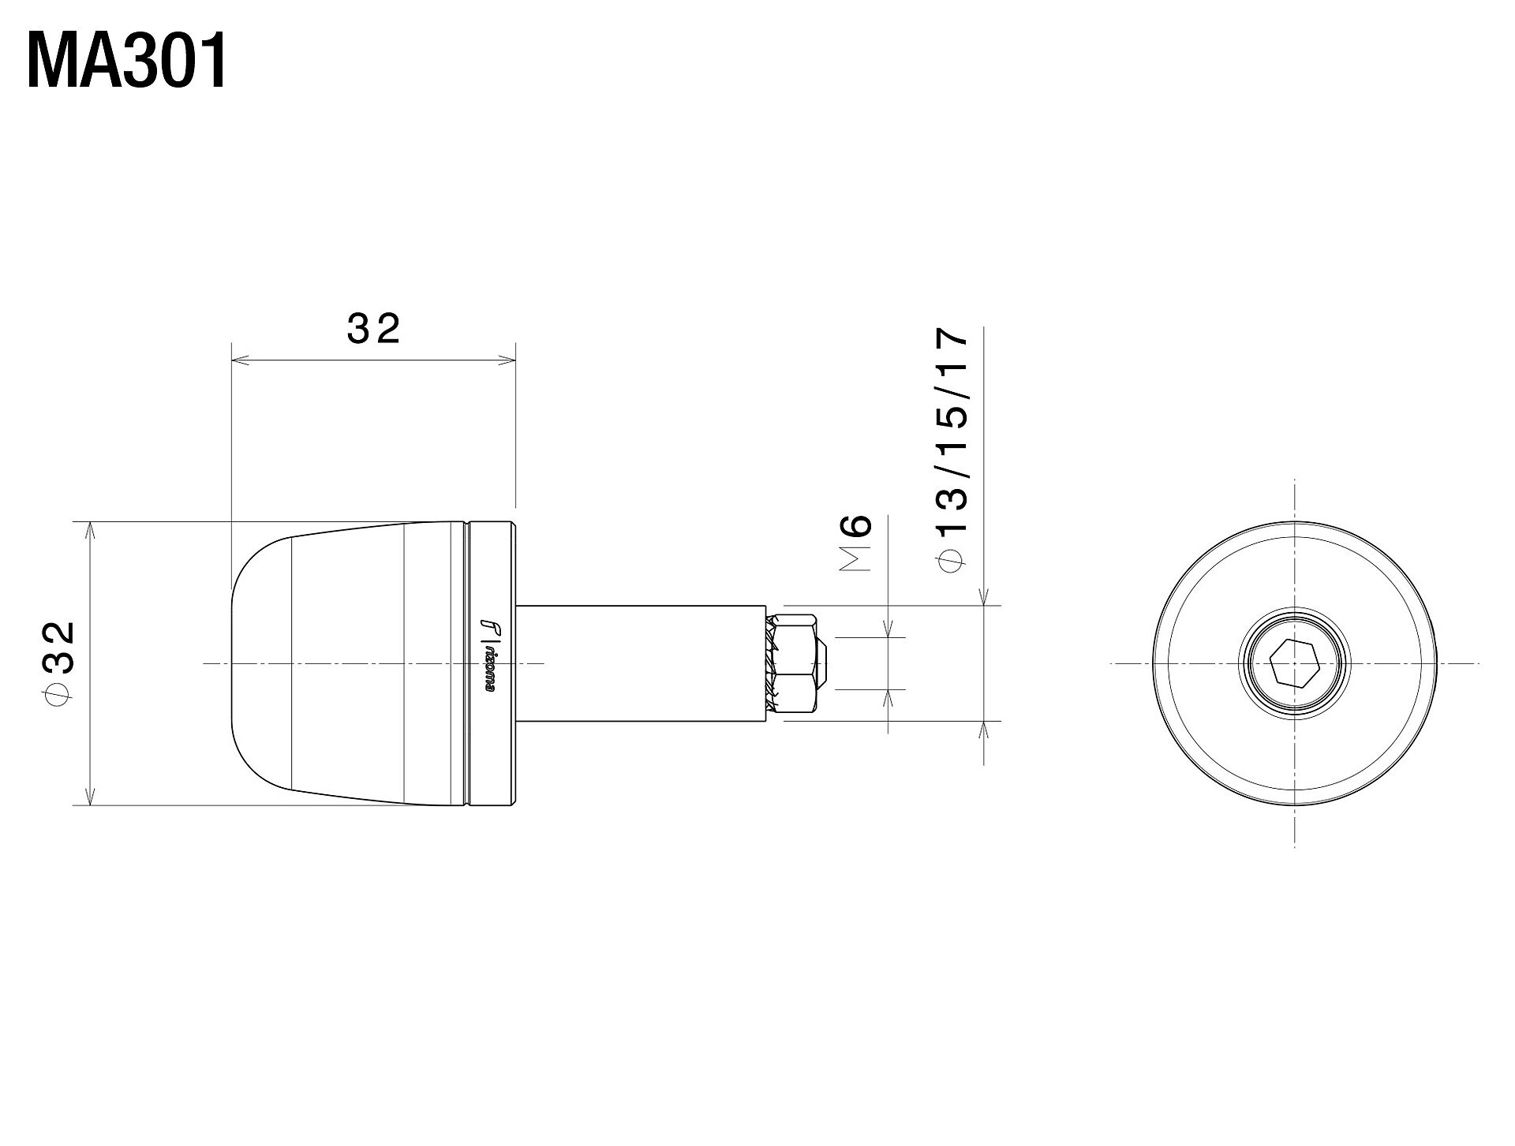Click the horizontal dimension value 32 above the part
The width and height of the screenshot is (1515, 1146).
373,329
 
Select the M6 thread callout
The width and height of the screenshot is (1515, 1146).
855,542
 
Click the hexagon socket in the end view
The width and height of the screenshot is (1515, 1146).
1295,663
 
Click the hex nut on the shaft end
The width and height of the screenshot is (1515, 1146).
799,663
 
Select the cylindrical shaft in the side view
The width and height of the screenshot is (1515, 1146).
640,663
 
